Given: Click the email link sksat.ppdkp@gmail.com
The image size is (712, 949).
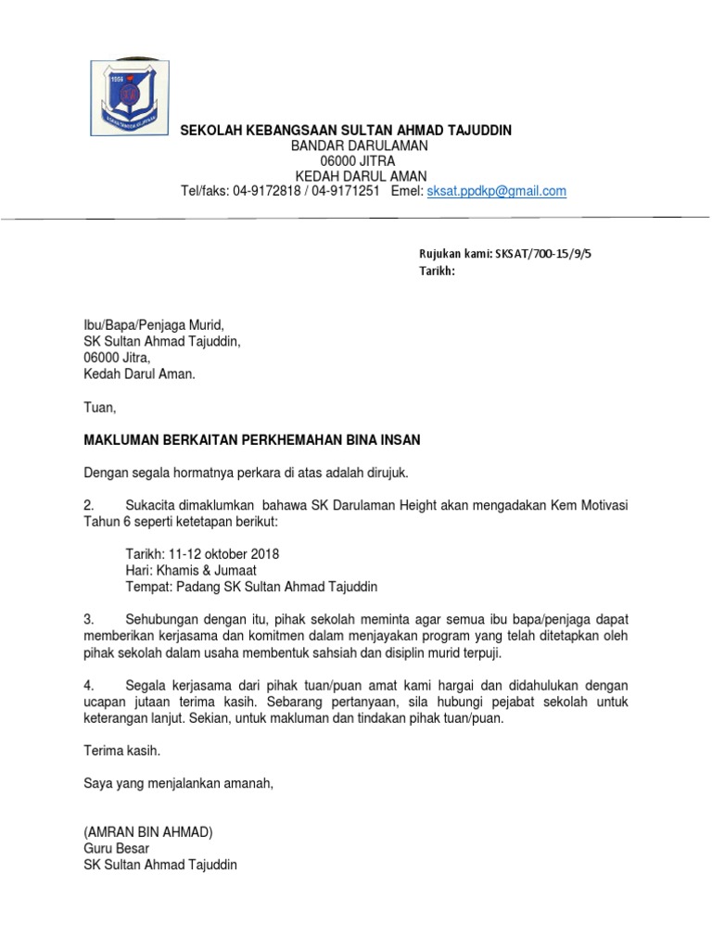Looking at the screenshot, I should point(496,191).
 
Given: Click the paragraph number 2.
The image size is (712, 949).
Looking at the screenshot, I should point(89,504).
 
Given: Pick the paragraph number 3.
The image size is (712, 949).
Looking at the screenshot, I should point(89,618).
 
